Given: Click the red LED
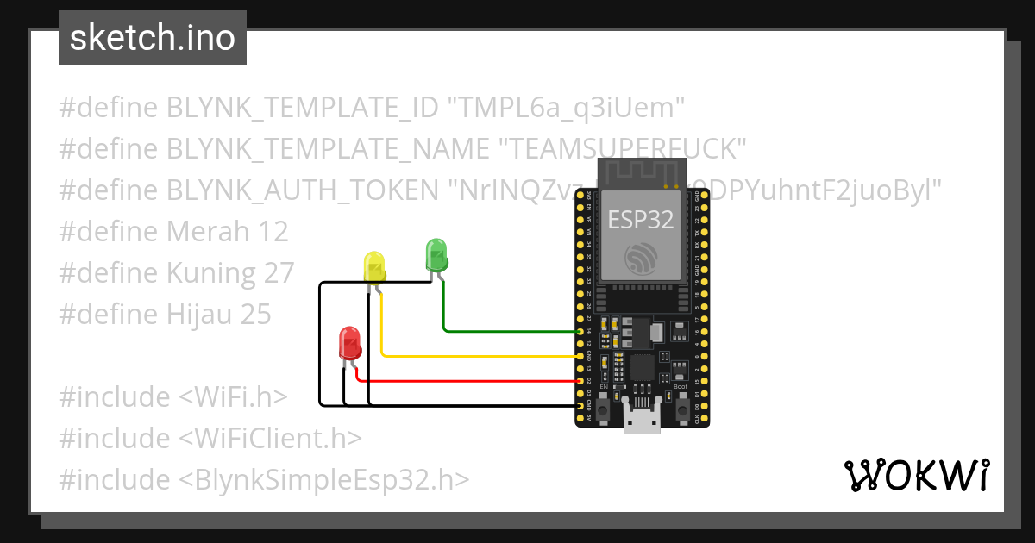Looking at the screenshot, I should [x=349, y=343].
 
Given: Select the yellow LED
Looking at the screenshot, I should [x=374, y=267].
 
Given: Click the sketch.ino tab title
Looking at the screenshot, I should [x=153, y=38].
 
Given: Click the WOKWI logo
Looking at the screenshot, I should [x=916, y=475].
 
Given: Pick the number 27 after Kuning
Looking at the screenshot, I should [x=274, y=273].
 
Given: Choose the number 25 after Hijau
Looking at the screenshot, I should [x=250, y=315].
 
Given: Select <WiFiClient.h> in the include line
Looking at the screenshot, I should [x=270, y=439].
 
